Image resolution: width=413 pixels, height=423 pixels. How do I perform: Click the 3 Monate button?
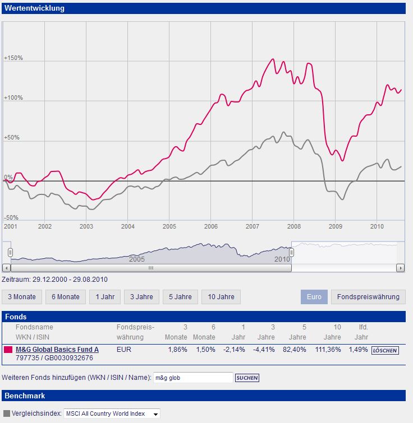[22, 297]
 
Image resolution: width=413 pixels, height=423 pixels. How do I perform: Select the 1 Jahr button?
[105, 297]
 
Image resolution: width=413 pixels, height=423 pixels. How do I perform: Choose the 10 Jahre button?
[221, 297]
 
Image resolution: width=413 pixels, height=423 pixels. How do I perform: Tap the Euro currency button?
[314, 297]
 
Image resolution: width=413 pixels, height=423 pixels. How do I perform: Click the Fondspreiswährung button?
[368, 297]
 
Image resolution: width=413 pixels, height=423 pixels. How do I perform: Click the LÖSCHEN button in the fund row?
[385, 351]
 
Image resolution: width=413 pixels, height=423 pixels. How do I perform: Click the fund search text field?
[192, 378]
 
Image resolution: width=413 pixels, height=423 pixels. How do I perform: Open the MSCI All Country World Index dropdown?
[112, 413]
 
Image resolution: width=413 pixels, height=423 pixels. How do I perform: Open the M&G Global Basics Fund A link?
[57, 350]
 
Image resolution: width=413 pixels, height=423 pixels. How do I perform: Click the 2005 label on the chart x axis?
[169, 226]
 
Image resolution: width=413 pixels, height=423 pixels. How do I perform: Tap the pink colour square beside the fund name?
[8, 350]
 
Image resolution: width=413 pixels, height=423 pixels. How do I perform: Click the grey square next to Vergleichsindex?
[6, 413]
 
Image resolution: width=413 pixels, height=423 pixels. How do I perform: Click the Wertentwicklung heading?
[35, 8]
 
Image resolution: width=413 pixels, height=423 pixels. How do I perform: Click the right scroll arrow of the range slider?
[400, 268]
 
